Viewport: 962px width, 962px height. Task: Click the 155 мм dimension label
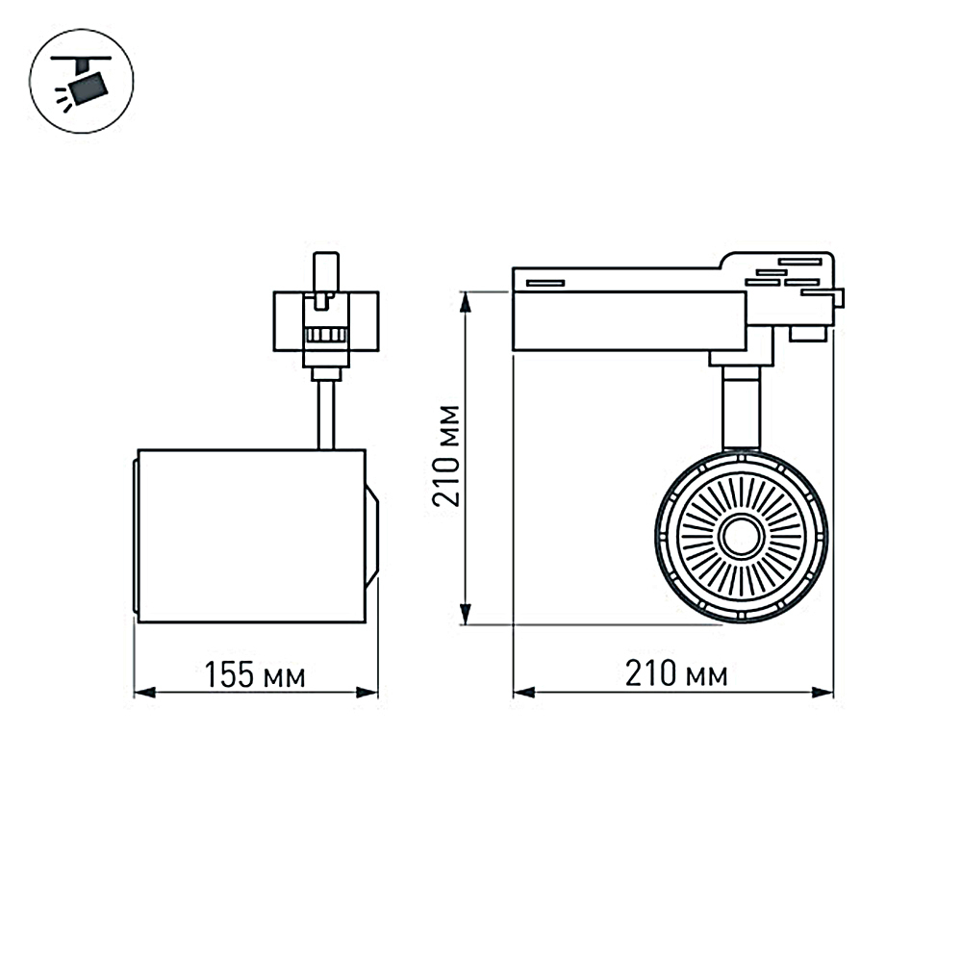254,675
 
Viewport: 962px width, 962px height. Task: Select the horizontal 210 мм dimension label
675,674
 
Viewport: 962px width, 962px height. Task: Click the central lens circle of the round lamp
741,536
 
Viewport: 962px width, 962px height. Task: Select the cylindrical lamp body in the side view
250,536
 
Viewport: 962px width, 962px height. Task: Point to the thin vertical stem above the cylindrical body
327,414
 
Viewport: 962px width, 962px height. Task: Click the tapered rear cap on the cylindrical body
371,536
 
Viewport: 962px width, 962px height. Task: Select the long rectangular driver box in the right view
629,320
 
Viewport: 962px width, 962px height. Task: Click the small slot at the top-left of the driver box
544,282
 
